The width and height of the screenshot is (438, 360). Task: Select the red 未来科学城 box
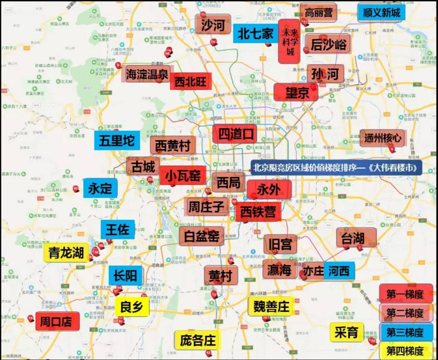click(x=288, y=42)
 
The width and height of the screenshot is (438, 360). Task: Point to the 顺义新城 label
click(x=383, y=13)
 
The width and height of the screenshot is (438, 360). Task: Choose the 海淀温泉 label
click(x=148, y=74)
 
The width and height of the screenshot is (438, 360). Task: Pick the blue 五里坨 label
click(x=116, y=140)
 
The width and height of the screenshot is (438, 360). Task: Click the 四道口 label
click(x=235, y=133)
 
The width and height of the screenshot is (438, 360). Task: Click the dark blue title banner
click(x=336, y=167)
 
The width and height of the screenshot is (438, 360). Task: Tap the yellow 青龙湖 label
click(x=67, y=253)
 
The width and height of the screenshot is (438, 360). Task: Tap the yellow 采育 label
click(x=347, y=332)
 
